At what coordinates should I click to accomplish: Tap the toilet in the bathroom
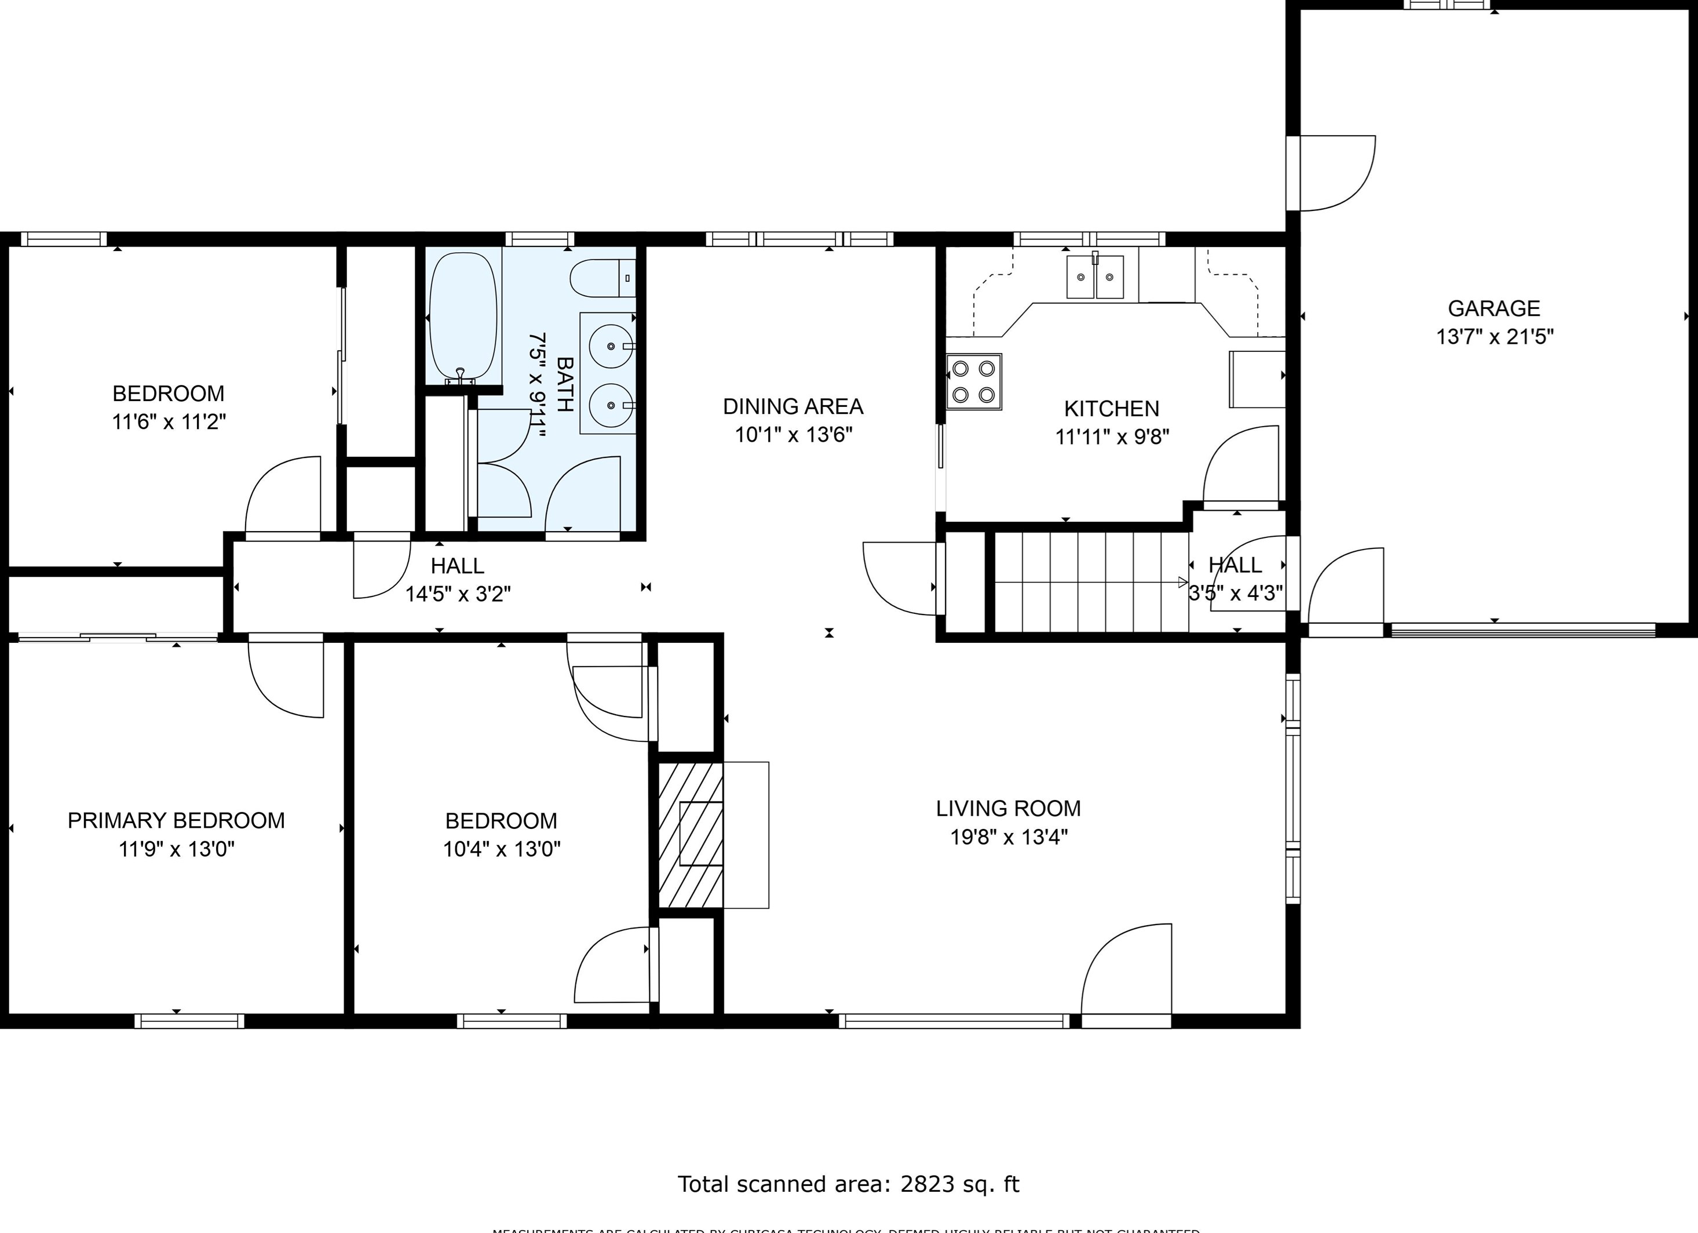(x=601, y=278)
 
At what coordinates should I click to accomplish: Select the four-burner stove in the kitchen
(x=973, y=382)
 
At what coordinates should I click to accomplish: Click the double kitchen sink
(x=1094, y=277)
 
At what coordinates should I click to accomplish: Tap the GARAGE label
(x=1493, y=308)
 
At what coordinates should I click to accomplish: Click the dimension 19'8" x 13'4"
(x=1009, y=836)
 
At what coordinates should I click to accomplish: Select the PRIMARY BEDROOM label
(x=176, y=820)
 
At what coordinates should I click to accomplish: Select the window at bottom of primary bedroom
(x=189, y=1021)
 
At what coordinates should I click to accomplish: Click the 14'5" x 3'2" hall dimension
(x=458, y=594)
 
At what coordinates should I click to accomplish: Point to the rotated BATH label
(x=565, y=384)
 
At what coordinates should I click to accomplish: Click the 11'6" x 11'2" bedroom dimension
(x=169, y=422)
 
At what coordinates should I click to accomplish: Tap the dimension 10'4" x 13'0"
(x=501, y=849)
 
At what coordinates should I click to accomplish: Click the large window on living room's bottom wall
(x=954, y=1021)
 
